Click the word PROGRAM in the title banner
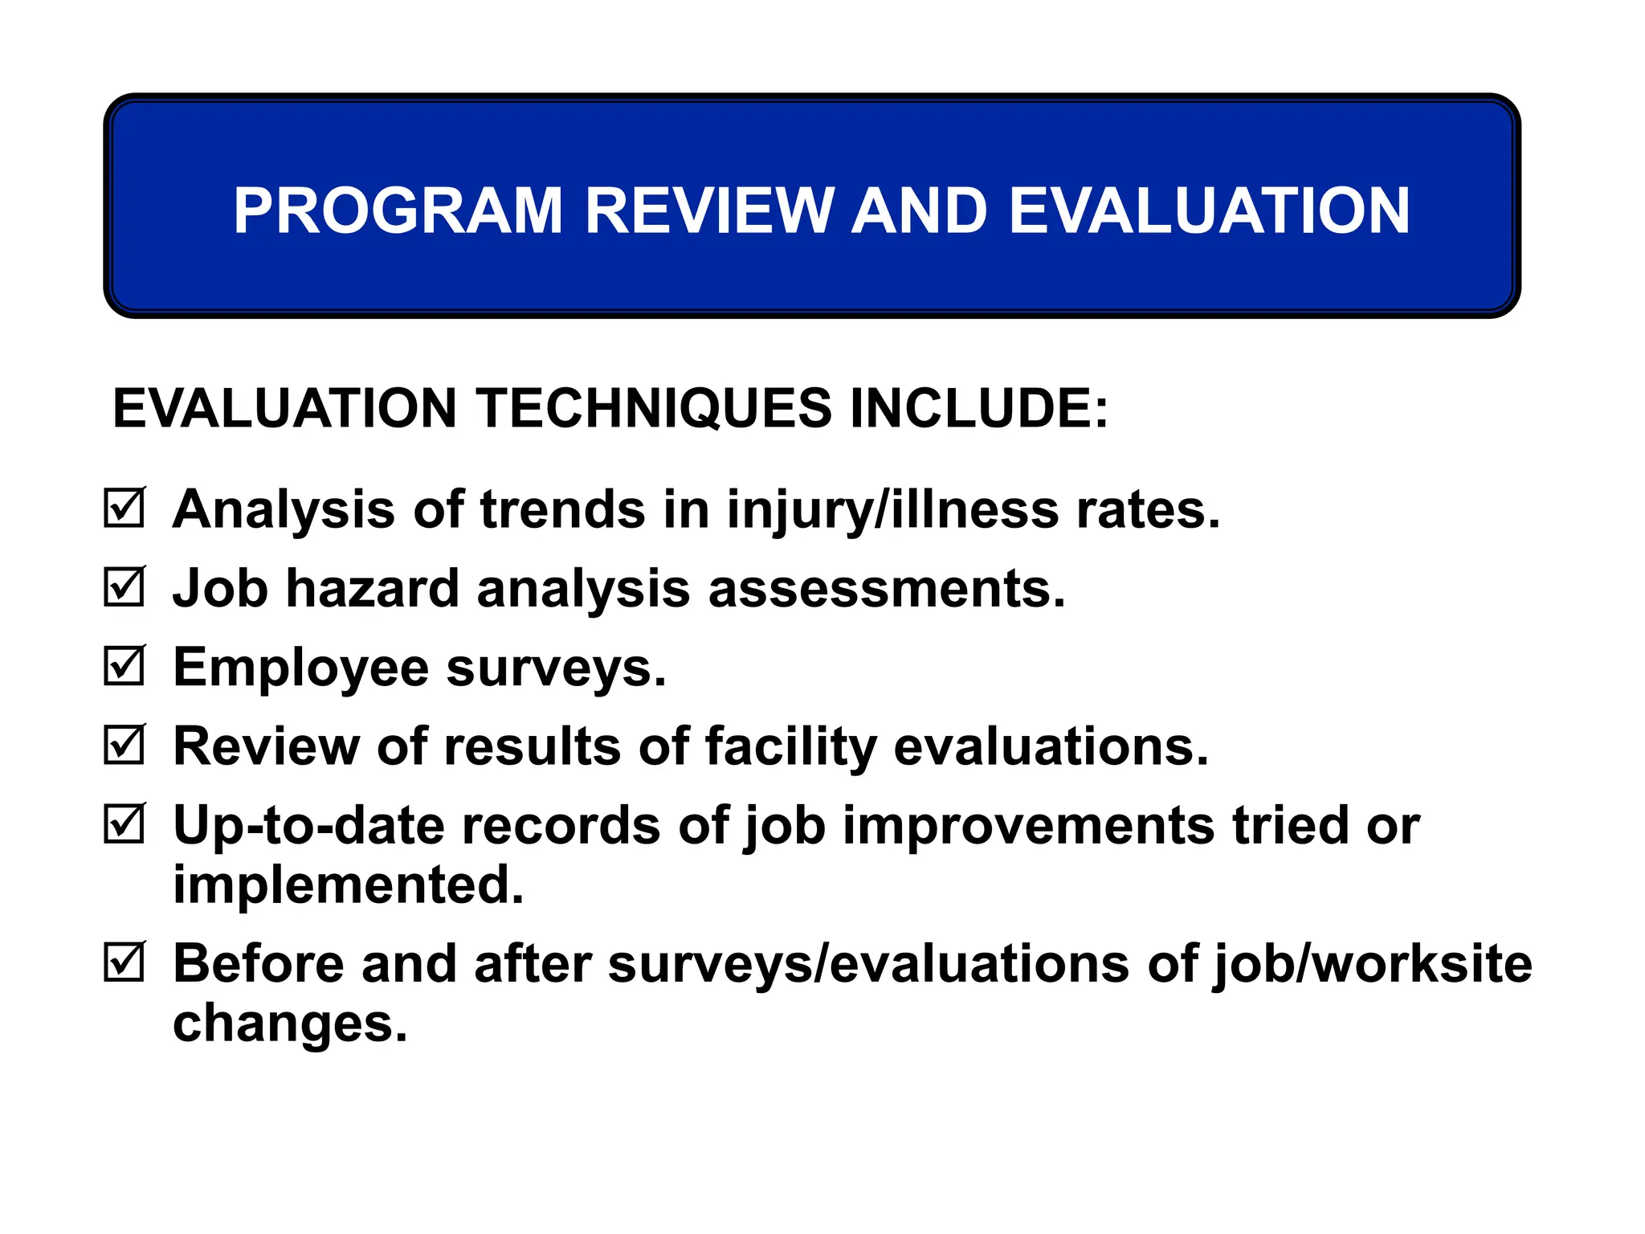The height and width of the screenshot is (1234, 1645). (398, 210)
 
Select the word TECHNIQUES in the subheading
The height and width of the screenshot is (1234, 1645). (654, 408)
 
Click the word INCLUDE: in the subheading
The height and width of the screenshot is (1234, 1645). (979, 408)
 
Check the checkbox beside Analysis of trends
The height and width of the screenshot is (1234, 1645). (124, 508)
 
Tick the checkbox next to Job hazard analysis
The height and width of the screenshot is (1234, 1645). (124, 586)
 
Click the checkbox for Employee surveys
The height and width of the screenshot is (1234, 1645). (124, 666)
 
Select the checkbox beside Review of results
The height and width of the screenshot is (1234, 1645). (124, 745)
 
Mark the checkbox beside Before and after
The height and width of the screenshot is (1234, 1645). (124, 962)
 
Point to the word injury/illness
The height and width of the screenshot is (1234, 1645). (892, 511)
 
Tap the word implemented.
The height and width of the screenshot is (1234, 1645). (349, 885)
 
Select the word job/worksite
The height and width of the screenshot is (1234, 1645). (1372, 965)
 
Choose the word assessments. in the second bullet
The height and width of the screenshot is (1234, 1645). (887, 588)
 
